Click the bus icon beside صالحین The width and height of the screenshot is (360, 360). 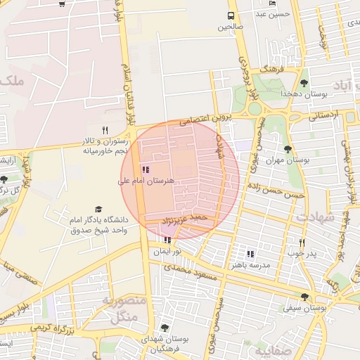point(231,16)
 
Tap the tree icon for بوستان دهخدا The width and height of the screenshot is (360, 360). point(304,83)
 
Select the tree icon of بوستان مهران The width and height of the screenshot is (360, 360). point(288,149)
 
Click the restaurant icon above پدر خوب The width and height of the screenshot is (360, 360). point(292,242)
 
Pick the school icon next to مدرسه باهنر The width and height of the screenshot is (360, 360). point(250,254)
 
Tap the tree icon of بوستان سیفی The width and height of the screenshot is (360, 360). point(304,297)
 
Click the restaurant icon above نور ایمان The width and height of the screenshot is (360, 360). point(167,240)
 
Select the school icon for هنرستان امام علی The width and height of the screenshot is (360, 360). point(146,169)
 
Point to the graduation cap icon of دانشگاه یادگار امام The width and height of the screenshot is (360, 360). point(98,210)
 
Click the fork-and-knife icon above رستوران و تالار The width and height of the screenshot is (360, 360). point(105,129)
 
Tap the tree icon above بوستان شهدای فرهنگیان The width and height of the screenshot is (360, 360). point(165,328)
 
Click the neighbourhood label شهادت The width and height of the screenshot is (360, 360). point(316,217)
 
